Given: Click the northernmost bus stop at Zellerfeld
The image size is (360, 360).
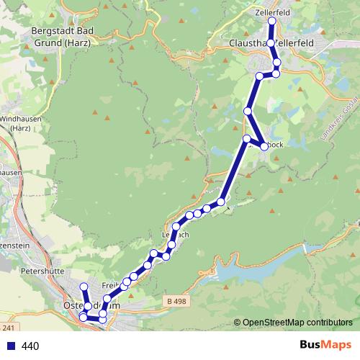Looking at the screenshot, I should point(272,21).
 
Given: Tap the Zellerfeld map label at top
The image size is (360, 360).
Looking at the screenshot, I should point(272,12).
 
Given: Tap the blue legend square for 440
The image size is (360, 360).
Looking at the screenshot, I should point(10,346).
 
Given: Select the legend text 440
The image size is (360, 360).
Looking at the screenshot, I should point(30,346).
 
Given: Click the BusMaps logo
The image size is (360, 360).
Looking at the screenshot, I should point(325,346).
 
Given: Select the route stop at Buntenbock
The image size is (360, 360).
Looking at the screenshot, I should point(264,146).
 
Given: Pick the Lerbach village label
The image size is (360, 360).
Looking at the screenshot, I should point(175,235).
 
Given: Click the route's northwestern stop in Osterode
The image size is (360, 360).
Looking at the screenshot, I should point(84,287).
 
